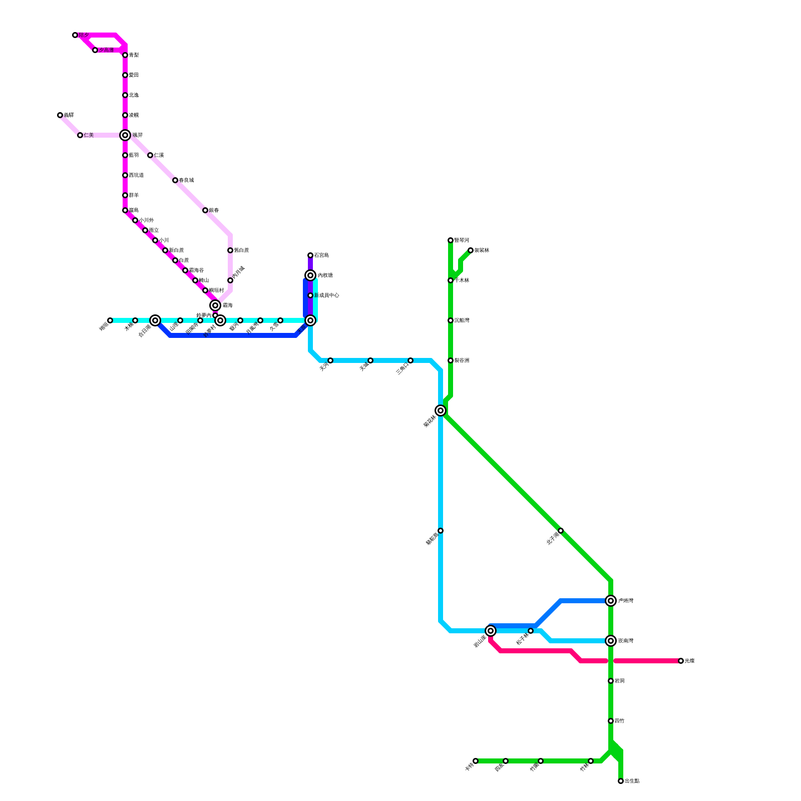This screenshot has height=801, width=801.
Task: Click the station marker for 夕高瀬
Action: (95, 50)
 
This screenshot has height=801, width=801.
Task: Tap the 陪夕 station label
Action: (84, 35)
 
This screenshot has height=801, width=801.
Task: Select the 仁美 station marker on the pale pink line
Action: (80, 135)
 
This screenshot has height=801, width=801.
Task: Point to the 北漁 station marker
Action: (125, 95)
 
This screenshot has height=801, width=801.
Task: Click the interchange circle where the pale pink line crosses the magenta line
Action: (125, 135)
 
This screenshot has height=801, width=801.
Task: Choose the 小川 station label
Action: (164, 240)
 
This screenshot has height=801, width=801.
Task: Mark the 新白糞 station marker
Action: (165, 250)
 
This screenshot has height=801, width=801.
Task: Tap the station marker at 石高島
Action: (310, 255)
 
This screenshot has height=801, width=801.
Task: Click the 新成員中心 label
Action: (327, 295)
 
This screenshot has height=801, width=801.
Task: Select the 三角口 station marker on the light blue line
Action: (411, 360)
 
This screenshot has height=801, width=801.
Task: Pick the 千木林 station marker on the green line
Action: (451, 280)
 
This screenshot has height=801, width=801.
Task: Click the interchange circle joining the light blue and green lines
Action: (441, 411)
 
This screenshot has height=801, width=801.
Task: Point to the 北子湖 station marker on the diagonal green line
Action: (561, 531)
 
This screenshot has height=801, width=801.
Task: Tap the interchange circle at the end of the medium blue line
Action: (611, 601)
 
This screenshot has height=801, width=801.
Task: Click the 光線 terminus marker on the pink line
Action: (681, 661)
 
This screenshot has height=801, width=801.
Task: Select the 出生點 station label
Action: (632, 781)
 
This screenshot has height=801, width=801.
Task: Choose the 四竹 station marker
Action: (611, 721)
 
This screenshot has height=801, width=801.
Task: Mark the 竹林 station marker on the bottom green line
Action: (591, 761)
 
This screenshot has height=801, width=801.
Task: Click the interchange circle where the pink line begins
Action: (491, 631)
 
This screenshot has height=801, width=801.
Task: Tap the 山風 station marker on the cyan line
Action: (180, 320)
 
